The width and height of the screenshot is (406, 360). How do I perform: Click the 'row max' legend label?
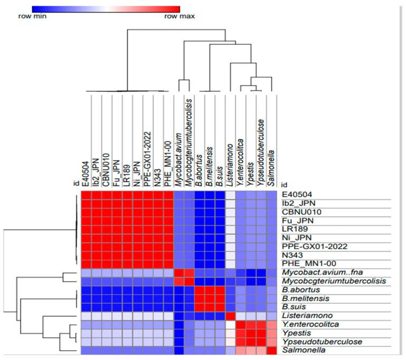[180, 16]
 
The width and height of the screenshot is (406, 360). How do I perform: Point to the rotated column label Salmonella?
[271, 164]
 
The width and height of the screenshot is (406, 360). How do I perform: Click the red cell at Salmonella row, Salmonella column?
[271, 350]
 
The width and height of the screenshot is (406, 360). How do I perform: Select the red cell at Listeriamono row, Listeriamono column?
[230, 316]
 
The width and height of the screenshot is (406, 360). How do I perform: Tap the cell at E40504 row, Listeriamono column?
[230, 195]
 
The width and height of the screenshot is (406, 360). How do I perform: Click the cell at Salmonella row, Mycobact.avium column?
[178, 350]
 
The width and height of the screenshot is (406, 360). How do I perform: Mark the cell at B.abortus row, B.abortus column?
[200, 290]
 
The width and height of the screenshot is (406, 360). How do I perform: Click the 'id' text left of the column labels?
[76, 184]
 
